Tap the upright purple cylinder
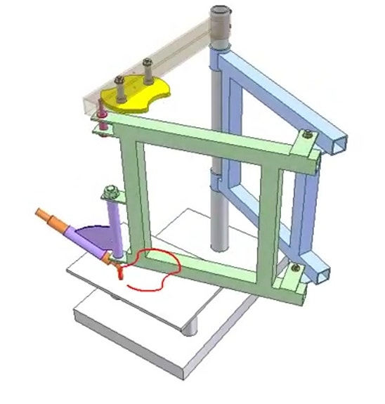point(115,225)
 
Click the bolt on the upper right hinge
point(307,134)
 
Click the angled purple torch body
point(87,242)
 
